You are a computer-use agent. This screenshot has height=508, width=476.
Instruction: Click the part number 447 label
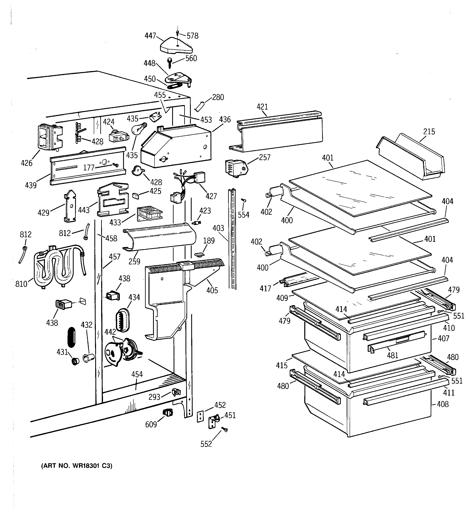click(150, 36)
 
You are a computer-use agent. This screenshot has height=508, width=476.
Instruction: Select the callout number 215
click(429, 132)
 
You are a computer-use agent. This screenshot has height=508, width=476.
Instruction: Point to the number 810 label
click(21, 284)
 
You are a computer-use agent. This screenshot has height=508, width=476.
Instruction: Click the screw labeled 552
click(225, 430)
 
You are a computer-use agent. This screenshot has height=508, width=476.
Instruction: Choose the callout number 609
click(151, 424)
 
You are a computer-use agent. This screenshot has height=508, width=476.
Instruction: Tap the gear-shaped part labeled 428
click(137, 170)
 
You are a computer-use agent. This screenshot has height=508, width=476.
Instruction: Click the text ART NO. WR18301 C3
click(77, 466)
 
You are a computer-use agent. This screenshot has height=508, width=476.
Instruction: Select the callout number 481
click(392, 355)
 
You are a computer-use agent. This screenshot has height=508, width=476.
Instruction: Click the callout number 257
click(264, 157)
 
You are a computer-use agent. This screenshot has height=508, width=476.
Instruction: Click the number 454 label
click(137, 374)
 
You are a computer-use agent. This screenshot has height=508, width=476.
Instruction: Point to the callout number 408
click(443, 404)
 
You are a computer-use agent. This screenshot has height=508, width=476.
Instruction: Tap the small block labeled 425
click(135, 195)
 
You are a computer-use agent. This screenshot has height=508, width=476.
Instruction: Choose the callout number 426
click(27, 163)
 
